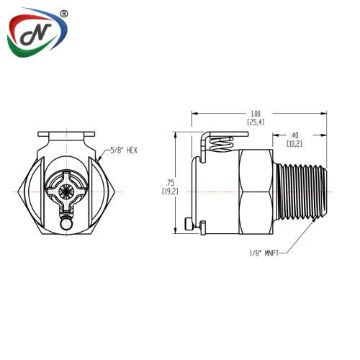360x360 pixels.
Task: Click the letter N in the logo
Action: click(x=36, y=35)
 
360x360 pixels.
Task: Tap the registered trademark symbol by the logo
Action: click(x=63, y=14)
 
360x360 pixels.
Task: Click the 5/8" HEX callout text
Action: click(x=124, y=150)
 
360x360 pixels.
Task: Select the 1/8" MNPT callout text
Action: click(x=264, y=253)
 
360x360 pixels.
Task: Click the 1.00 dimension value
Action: click(x=256, y=113)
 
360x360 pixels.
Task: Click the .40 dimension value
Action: click(x=294, y=135)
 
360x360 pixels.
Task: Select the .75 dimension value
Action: click(x=170, y=183)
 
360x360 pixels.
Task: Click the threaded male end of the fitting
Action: click(x=301, y=192)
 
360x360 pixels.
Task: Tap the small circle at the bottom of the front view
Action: click(x=66, y=224)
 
